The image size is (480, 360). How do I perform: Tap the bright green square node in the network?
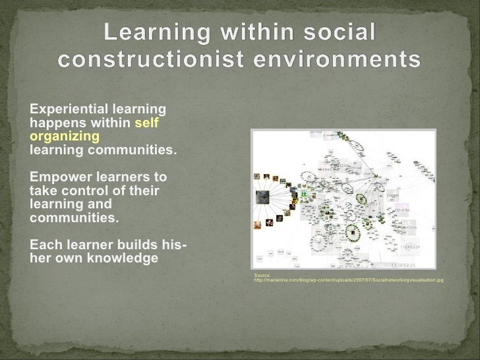pyautogui.click(x=304, y=195)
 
